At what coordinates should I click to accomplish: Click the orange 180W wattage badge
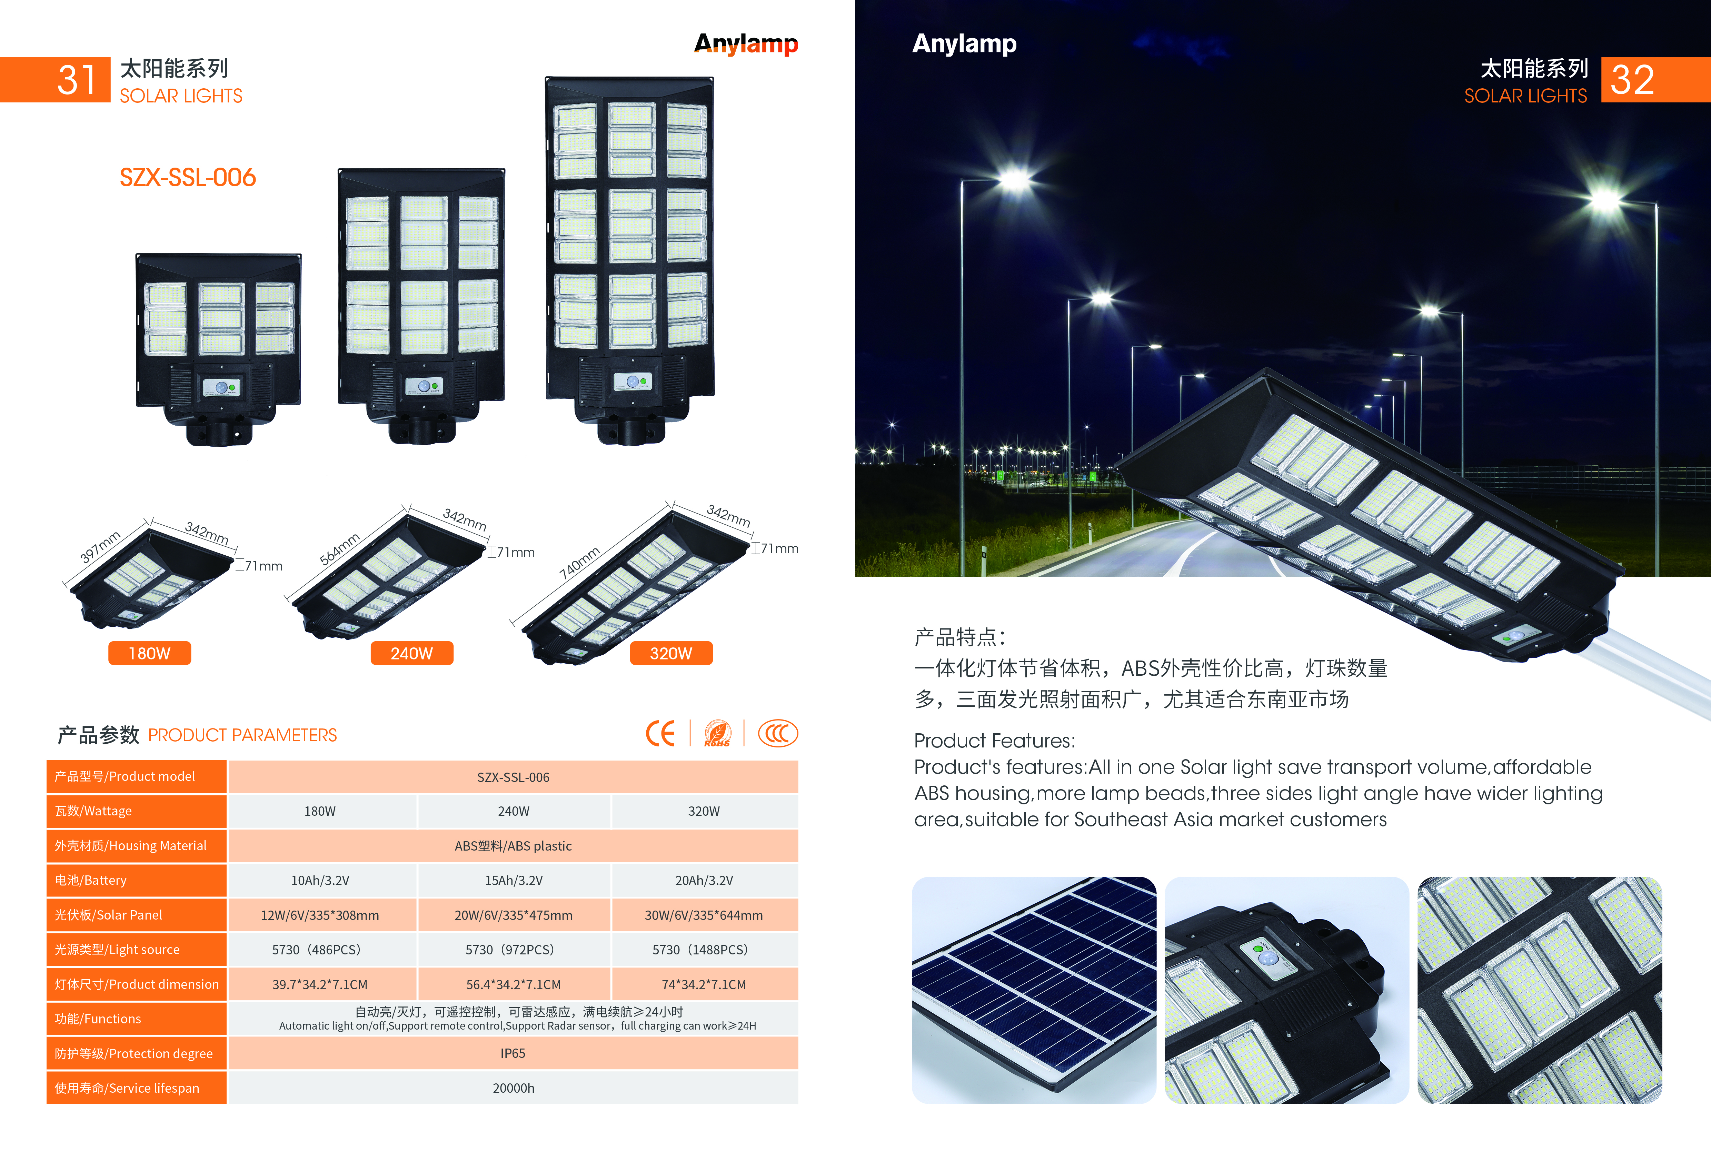point(149,653)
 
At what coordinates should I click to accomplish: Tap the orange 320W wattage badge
point(671,653)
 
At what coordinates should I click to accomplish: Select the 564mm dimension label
point(339,548)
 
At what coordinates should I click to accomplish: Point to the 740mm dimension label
point(579,563)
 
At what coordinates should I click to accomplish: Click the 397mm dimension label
point(100,546)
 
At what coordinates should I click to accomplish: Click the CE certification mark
point(660,733)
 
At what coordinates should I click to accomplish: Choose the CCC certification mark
point(777,733)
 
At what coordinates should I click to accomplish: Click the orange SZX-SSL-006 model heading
point(188,177)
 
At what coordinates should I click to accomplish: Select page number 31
point(77,80)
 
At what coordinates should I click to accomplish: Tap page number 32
point(1632,80)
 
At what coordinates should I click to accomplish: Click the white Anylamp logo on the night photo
point(964,43)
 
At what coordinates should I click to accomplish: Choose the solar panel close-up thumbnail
point(1034,990)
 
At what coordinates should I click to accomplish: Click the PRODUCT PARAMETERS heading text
point(242,735)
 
